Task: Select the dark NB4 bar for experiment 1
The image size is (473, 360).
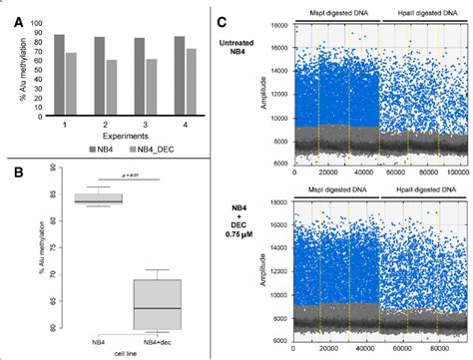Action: [60, 76]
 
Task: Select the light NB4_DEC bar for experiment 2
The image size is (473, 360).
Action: [111, 90]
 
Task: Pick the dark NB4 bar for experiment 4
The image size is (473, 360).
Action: [179, 77]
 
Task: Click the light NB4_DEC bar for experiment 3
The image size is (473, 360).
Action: [151, 89]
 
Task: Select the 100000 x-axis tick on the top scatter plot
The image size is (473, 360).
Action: [454, 172]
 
